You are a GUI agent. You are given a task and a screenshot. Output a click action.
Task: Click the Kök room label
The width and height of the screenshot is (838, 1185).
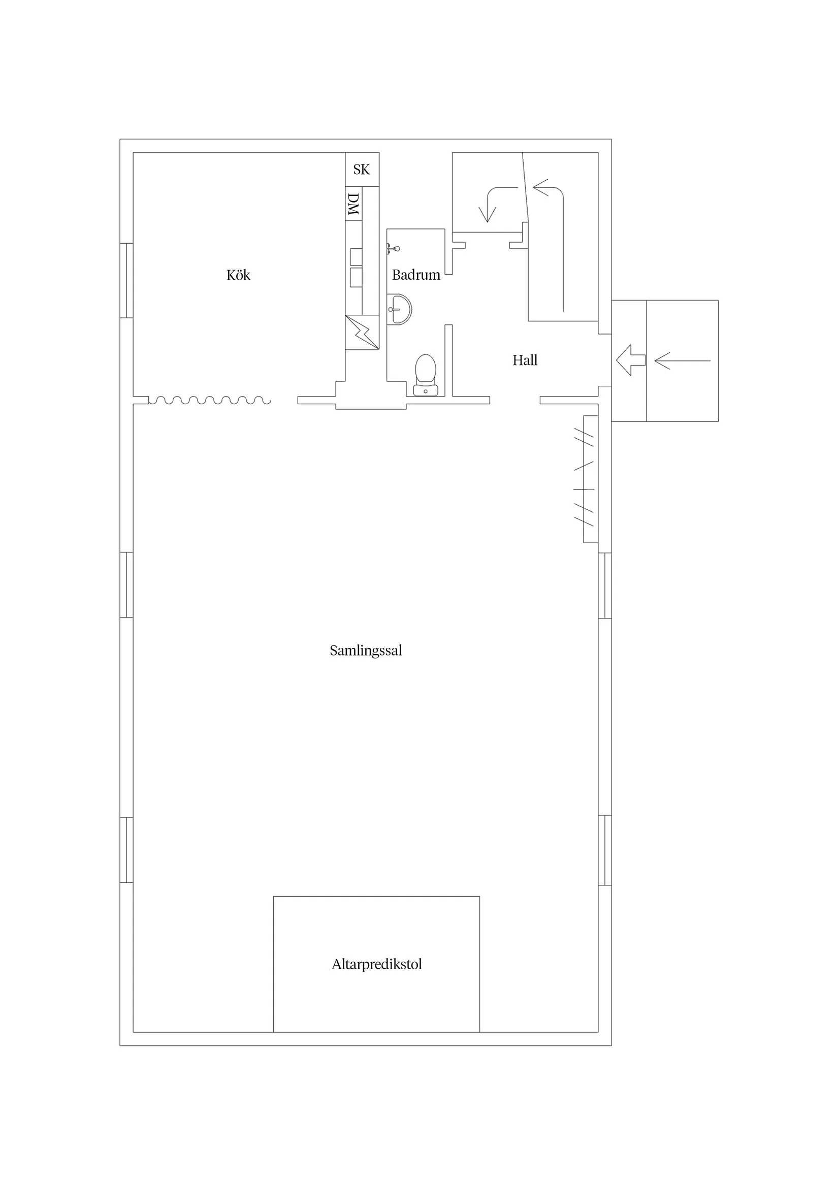(x=238, y=275)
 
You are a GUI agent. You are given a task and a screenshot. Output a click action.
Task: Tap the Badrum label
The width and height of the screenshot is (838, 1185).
(x=416, y=275)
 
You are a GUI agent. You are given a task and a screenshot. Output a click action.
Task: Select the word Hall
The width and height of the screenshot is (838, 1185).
(x=525, y=360)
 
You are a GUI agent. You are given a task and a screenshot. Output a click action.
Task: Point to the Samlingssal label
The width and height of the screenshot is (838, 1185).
(x=366, y=651)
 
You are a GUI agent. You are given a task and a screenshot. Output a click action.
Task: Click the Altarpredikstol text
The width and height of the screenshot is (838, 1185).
(x=377, y=965)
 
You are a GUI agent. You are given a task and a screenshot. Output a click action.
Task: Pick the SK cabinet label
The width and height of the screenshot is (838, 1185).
(x=362, y=169)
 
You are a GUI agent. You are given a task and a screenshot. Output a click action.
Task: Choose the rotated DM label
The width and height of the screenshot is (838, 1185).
(x=353, y=204)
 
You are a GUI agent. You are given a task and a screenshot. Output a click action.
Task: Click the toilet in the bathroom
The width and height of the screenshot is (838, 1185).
(x=426, y=375)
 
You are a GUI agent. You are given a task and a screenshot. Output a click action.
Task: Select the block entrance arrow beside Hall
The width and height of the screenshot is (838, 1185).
(x=630, y=360)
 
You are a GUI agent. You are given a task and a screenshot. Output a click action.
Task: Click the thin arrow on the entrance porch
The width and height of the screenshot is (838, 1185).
(x=683, y=361)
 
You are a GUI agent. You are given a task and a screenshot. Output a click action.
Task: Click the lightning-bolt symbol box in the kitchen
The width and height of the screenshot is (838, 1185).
(x=363, y=333)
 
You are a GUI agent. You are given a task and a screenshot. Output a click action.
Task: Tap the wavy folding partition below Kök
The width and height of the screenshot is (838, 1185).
(x=210, y=400)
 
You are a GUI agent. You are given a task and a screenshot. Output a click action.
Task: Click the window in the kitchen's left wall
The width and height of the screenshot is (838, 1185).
(x=126, y=280)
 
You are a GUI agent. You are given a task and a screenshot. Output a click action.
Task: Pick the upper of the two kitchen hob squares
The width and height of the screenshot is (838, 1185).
(x=356, y=256)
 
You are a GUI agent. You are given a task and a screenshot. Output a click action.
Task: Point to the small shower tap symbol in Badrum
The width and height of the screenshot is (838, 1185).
(x=393, y=249)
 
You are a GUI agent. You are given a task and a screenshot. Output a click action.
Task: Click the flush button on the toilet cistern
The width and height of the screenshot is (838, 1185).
(x=426, y=391)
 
